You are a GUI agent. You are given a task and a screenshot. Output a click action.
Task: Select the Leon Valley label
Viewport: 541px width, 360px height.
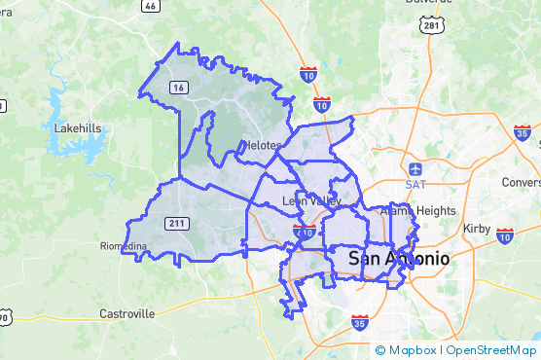click(312, 201)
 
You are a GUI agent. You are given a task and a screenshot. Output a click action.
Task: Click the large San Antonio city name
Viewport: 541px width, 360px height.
click(399, 259)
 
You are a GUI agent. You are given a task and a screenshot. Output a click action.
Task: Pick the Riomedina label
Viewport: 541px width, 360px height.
click(123, 246)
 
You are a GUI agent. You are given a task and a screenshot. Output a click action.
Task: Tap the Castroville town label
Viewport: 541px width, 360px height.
click(126, 314)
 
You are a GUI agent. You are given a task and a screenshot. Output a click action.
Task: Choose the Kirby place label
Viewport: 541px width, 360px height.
click(478, 227)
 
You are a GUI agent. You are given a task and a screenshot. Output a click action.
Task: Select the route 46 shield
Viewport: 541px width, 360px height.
click(149, 5)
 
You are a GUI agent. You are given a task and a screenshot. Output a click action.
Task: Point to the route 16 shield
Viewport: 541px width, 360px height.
click(178, 88)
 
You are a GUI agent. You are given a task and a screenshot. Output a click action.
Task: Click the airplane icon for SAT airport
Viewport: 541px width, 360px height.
click(415, 168)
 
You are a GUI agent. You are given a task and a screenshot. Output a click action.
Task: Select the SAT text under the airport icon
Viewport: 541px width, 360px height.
click(415, 184)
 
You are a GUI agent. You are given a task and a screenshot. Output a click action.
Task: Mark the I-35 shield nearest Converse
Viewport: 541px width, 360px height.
click(523, 133)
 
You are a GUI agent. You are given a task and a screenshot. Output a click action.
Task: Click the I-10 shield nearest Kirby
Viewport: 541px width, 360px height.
click(504, 235)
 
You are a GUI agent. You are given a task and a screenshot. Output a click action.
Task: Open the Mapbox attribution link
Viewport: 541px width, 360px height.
click(408, 350)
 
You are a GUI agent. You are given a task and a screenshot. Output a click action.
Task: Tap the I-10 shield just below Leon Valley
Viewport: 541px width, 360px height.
click(303, 232)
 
